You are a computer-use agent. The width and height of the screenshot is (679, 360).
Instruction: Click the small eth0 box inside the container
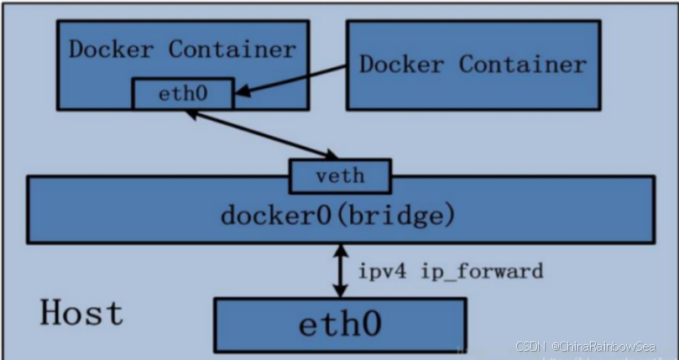182,94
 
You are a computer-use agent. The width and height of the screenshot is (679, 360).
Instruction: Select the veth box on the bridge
339,176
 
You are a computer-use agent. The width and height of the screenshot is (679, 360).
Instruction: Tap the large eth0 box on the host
340,324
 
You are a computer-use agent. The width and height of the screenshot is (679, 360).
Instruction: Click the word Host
81,313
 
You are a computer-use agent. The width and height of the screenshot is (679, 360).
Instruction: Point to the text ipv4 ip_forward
451,271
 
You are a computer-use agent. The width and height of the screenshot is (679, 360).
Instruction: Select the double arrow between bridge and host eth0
340,270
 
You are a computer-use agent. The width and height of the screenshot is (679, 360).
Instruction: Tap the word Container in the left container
232,49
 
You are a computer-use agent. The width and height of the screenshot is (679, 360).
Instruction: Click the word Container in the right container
523,65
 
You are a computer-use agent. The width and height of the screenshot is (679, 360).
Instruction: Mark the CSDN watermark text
530,346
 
